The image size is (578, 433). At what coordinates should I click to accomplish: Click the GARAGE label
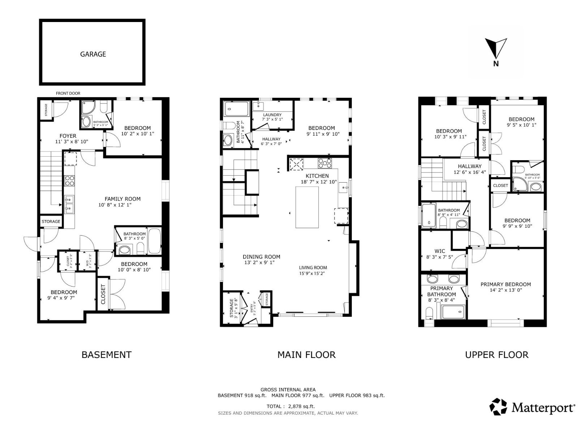pos(93,54)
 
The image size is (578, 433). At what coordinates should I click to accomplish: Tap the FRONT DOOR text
pos(68,93)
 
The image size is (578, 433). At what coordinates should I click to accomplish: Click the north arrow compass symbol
pos(496,49)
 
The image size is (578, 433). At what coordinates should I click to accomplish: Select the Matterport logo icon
pos(498,407)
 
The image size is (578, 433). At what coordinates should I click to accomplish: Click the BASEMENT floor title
pos(106,355)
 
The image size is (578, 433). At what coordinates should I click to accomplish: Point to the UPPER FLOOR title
pos(496,355)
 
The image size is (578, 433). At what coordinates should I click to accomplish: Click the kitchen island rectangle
pos(307,207)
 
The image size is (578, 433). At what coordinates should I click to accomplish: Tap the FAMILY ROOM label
pos(122,199)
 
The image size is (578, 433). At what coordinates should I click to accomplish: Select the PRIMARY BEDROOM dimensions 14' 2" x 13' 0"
pos(505,290)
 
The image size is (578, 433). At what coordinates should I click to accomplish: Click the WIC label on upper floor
pos(440,251)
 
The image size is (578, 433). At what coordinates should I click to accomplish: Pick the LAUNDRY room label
pos(272,115)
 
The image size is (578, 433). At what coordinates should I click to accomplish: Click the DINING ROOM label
pos(261,257)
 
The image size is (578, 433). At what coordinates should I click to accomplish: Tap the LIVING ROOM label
pos(313,268)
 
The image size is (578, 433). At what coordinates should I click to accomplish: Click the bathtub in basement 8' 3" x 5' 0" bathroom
pos(155,241)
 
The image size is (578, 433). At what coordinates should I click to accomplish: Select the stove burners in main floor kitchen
pos(324,163)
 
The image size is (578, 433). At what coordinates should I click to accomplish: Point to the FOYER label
pos(68,136)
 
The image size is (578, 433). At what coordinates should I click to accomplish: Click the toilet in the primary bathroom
pos(429,313)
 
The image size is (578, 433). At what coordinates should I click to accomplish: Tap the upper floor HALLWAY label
pos(470,166)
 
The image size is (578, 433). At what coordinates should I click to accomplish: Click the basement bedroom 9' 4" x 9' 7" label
pos(64,292)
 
